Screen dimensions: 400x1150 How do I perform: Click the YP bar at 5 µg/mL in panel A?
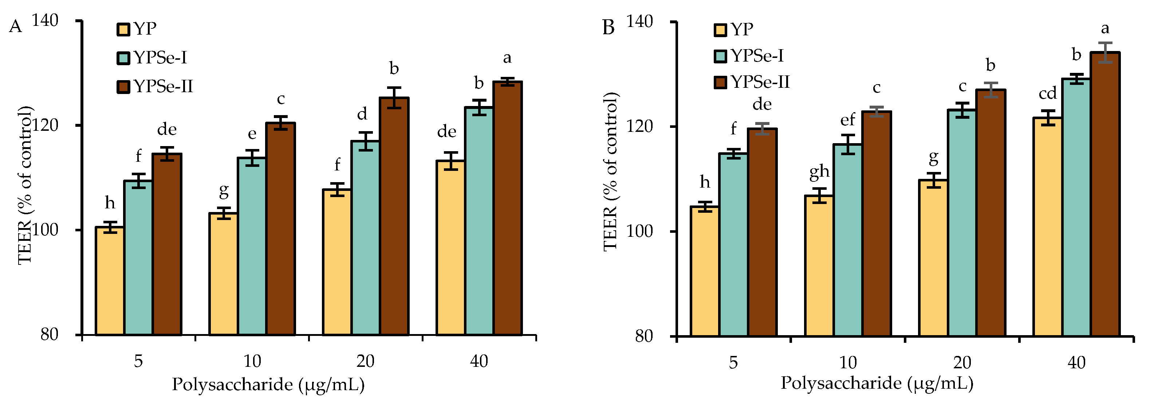click(110, 281)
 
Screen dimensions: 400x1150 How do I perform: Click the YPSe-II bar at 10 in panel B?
click(877, 224)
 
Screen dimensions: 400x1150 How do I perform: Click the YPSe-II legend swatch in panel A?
click(123, 87)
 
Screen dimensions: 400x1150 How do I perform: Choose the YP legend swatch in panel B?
click(721, 30)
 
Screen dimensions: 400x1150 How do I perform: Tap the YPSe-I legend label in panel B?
click(757, 56)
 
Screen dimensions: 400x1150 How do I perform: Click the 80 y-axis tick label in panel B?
click(644, 336)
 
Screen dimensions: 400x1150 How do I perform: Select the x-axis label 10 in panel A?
click(252, 361)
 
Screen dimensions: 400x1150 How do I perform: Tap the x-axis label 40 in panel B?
click(1076, 362)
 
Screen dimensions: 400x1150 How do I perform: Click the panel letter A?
click(15, 27)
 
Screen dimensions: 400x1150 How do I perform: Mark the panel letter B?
click(609, 28)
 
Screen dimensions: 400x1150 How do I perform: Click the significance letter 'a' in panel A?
click(507, 58)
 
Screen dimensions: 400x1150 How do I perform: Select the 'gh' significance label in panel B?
click(819, 172)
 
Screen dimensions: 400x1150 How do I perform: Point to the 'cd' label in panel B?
click(1048, 94)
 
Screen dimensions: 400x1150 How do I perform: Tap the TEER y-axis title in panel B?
click(610, 172)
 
